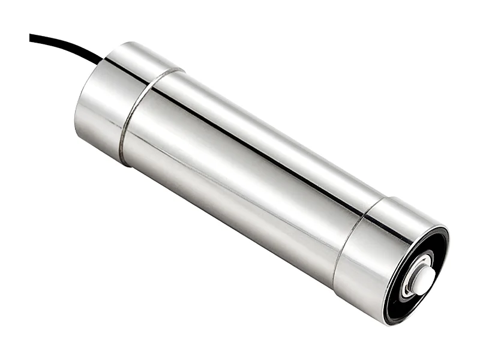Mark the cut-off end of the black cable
(x=31, y=37)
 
